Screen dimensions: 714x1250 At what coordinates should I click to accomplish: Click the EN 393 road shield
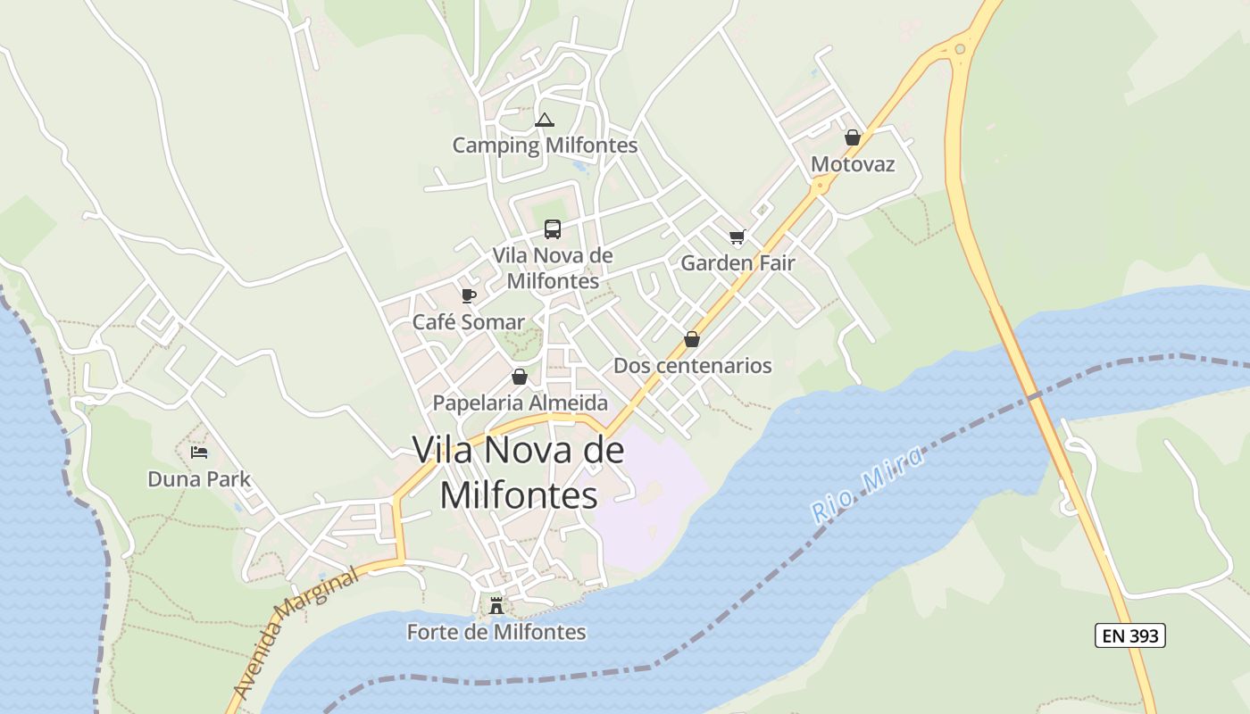(1129, 635)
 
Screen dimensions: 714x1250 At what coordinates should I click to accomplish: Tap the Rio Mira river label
(867, 486)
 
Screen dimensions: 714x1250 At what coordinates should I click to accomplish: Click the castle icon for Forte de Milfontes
(496, 605)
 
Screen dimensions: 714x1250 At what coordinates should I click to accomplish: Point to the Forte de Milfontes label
(496, 632)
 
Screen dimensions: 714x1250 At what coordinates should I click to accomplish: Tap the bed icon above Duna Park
(199, 452)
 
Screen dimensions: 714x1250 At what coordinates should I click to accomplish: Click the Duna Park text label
(199, 479)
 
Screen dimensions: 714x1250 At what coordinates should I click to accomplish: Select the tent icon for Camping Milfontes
(545, 120)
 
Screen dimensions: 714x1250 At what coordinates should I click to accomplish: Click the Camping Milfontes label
(545, 145)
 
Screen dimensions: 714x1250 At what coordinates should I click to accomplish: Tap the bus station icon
(553, 229)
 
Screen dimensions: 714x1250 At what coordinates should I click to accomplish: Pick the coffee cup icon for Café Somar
(469, 295)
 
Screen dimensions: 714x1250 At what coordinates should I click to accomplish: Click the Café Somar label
(469, 322)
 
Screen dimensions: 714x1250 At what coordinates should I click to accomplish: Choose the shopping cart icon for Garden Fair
(737, 237)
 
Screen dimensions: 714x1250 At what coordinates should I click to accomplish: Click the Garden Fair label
(737, 262)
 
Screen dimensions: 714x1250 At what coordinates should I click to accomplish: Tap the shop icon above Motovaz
(853, 137)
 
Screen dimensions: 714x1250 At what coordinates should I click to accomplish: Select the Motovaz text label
(853, 164)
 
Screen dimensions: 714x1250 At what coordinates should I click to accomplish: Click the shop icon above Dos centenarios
(692, 339)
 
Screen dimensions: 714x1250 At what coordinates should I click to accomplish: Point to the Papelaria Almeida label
(521, 403)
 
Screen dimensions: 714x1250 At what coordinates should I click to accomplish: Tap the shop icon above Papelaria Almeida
(520, 377)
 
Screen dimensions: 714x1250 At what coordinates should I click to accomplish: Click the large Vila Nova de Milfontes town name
(519, 472)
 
